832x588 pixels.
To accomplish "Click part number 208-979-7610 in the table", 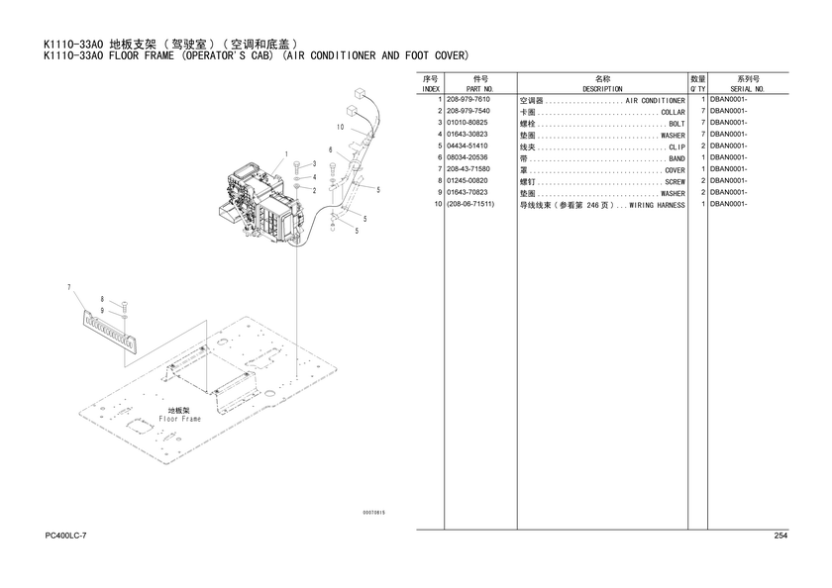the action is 468,100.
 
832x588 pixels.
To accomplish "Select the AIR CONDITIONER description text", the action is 655,101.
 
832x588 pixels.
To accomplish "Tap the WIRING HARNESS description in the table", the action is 657,205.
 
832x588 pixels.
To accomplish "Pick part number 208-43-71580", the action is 468,169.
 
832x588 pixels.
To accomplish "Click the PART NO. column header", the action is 480,89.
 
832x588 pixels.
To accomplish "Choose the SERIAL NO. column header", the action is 747,89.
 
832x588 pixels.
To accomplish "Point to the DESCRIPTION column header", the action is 602,89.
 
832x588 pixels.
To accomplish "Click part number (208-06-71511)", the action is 470,204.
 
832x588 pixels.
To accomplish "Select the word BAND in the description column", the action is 676,158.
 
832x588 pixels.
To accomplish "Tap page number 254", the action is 780,536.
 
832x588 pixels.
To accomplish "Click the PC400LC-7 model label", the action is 65,536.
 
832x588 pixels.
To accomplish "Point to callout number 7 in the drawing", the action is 69,287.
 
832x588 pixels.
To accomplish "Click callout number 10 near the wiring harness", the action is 340,128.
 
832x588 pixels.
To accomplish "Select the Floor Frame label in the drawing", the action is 180,419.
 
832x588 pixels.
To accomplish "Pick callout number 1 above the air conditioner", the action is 286,154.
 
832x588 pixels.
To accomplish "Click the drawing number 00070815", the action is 374,513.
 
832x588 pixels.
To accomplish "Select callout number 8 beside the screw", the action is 102,300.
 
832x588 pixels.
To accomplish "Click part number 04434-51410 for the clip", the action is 467,146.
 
